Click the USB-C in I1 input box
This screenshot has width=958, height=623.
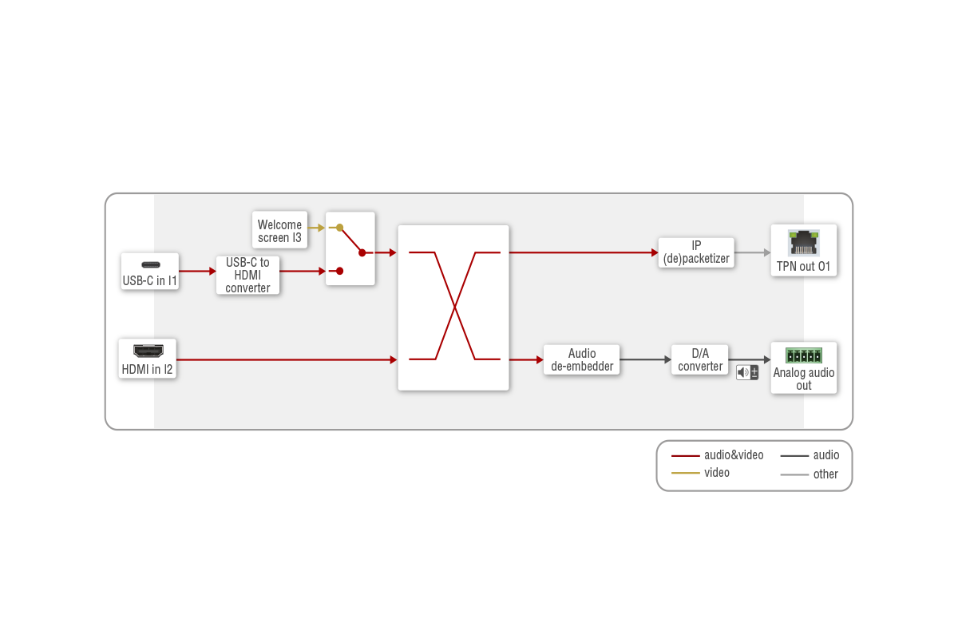149,272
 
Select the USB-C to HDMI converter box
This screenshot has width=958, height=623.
247,276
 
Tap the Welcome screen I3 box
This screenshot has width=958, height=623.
279,231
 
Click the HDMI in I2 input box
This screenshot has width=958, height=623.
147,359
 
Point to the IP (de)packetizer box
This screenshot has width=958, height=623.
696,252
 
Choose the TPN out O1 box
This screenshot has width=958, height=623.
803,250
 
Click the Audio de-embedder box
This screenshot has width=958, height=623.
582,360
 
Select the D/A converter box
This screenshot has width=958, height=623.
700,360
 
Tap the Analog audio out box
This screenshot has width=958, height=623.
803,368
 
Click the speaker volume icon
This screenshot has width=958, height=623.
747,372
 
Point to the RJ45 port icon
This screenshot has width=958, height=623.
803,241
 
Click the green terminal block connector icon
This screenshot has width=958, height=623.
803,356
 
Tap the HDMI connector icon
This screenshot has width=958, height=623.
147,351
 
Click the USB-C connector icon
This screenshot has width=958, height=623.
150,264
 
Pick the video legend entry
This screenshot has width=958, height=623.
702,473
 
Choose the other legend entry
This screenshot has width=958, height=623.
810,474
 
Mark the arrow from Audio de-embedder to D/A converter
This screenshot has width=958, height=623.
645,360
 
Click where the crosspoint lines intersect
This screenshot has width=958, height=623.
455,306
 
